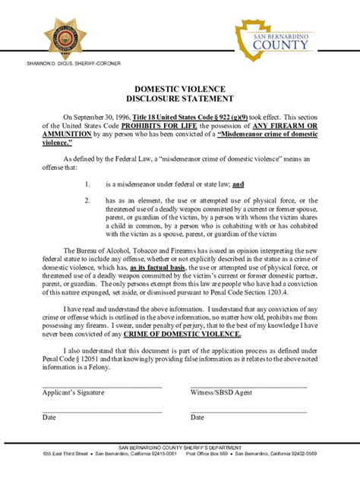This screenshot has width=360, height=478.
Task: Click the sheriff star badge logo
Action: (x=65, y=35)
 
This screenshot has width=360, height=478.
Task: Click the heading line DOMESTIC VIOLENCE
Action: (x=179, y=89)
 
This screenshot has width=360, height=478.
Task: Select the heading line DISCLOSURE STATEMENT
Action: (x=179, y=99)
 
